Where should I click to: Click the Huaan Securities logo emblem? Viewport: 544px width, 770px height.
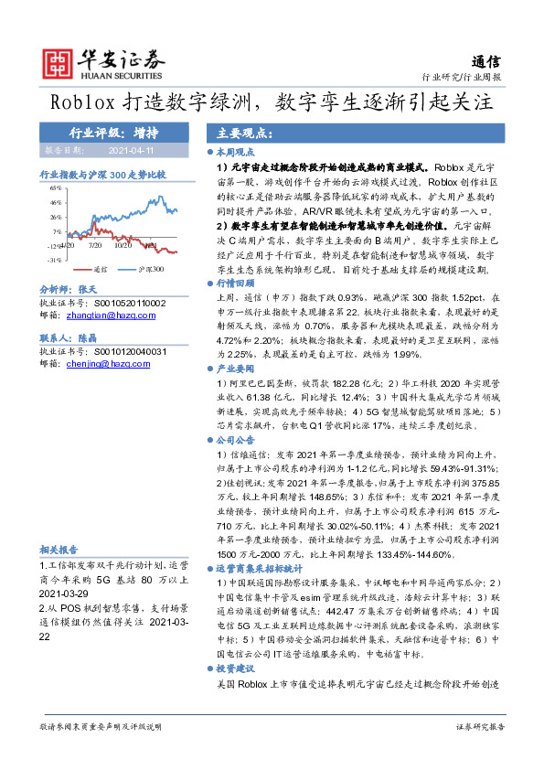click(x=60, y=61)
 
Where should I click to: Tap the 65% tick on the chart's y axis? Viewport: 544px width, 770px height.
click(x=57, y=187)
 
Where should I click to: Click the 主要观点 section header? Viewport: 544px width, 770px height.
click(x=228, y=131)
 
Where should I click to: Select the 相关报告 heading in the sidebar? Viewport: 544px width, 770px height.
click(x=59, y=550)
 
